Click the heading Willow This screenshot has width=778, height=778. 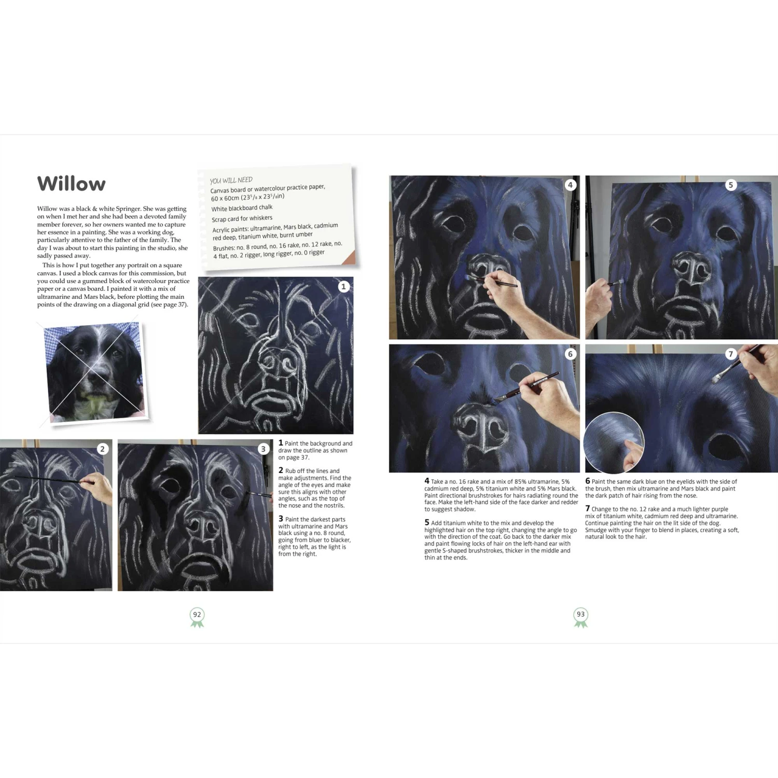pos(71,184)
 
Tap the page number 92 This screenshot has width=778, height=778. pos(197,615)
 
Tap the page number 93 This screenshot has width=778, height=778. pos(581,615)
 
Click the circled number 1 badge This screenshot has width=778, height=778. pos(343,287)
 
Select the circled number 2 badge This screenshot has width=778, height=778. pos(103,449)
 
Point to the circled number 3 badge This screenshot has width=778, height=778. pos(263,449)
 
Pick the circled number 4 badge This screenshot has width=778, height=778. pos(571,185)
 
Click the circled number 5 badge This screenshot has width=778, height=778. pos(731,185)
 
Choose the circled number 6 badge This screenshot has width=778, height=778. pos(571,354)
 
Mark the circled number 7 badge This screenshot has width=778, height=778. pos(731,354)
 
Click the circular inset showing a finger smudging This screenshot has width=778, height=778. pos(614,442)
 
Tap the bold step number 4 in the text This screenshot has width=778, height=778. pos(427,481)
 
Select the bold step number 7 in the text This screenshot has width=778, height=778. pos(588,508)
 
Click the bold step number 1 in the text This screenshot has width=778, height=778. pos(281,443)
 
